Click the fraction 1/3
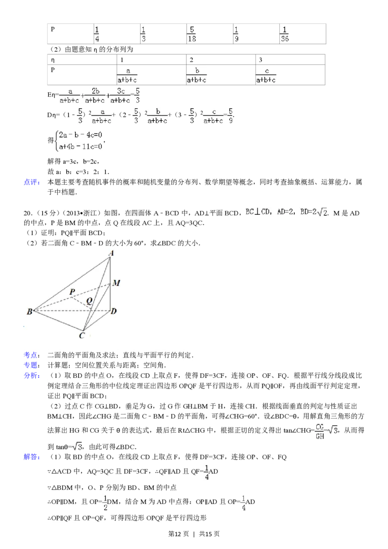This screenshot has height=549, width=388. pos(143,34)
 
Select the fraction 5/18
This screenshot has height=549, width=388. pos(192,34)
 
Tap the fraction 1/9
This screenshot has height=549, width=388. pos(236,34)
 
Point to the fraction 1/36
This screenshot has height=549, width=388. pos(285,34)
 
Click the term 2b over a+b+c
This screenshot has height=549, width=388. pos(96,96)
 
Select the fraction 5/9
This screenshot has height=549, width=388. pos(230,115)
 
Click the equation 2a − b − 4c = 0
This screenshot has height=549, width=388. pos(81,136)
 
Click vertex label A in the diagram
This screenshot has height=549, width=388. pos(111,253)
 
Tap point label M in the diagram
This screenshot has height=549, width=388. pos(116,283)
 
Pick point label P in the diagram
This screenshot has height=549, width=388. pos(72,291)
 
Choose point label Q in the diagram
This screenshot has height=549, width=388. pos(89,301)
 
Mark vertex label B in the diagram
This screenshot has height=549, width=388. pos(29,312)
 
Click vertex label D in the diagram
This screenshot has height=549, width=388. pos(113,311)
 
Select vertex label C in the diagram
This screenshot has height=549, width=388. pos(82,335)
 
